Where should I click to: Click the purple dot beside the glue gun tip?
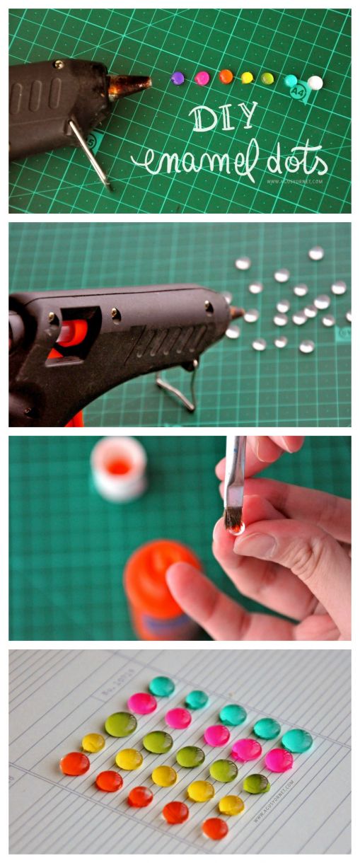coord(177,78)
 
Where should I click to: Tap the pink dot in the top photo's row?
coord(202,78)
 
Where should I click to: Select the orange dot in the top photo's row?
coord(226,76)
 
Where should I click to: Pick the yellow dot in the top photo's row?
coord(247,77)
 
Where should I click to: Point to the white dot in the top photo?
coord(315,83)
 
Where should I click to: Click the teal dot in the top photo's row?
coord(291,81)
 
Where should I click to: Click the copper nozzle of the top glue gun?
coord(129,85)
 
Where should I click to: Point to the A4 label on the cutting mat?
coord(298,92)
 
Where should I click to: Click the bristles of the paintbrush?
coord(233,521)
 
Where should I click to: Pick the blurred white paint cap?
coord(118,468)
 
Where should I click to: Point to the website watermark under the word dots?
coord(295,181)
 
